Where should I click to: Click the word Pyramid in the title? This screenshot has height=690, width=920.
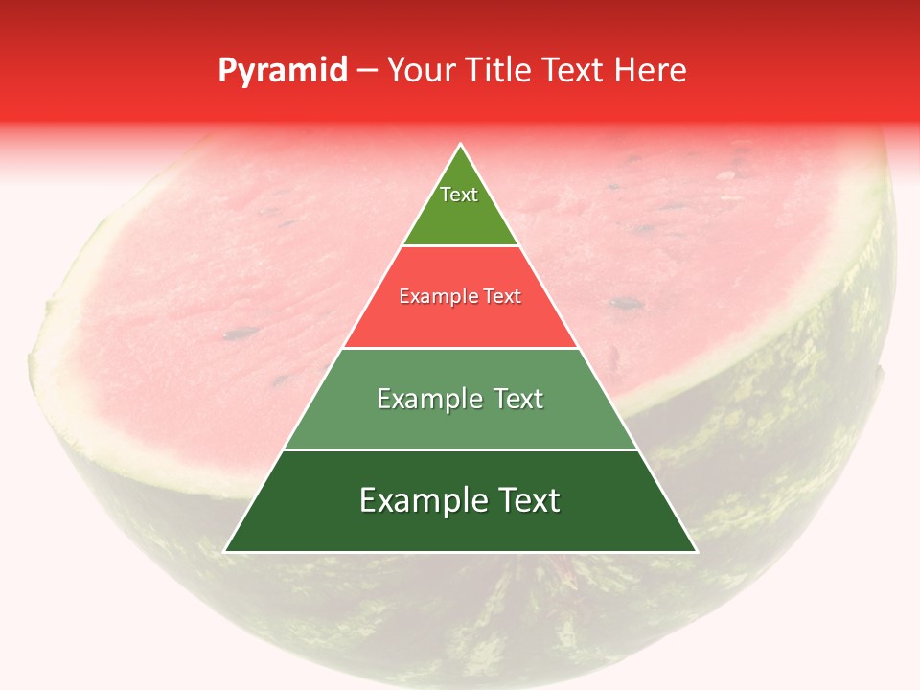tap(282, 71)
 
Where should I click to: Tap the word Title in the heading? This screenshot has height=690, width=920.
tap(504, 70)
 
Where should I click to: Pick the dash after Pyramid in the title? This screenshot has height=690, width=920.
tap(367, 71)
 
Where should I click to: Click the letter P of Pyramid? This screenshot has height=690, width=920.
tap(227, 70)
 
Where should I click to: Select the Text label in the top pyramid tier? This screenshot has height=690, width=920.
tap(459, 195)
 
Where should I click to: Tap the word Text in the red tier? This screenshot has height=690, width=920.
tap(502, 296)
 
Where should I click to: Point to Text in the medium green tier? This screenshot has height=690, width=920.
tap(517, 399)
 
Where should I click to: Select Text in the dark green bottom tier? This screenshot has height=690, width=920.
tap(530, 500)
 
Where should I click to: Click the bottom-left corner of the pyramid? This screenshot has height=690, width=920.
tap(225, 551)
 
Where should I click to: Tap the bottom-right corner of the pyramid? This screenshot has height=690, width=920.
tap(696, 551)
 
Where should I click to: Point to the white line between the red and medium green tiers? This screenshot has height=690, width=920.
tap(460, 348)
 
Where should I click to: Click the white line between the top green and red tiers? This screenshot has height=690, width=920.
tap(460, 246)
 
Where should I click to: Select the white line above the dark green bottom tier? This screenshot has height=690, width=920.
tap(460, 449)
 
